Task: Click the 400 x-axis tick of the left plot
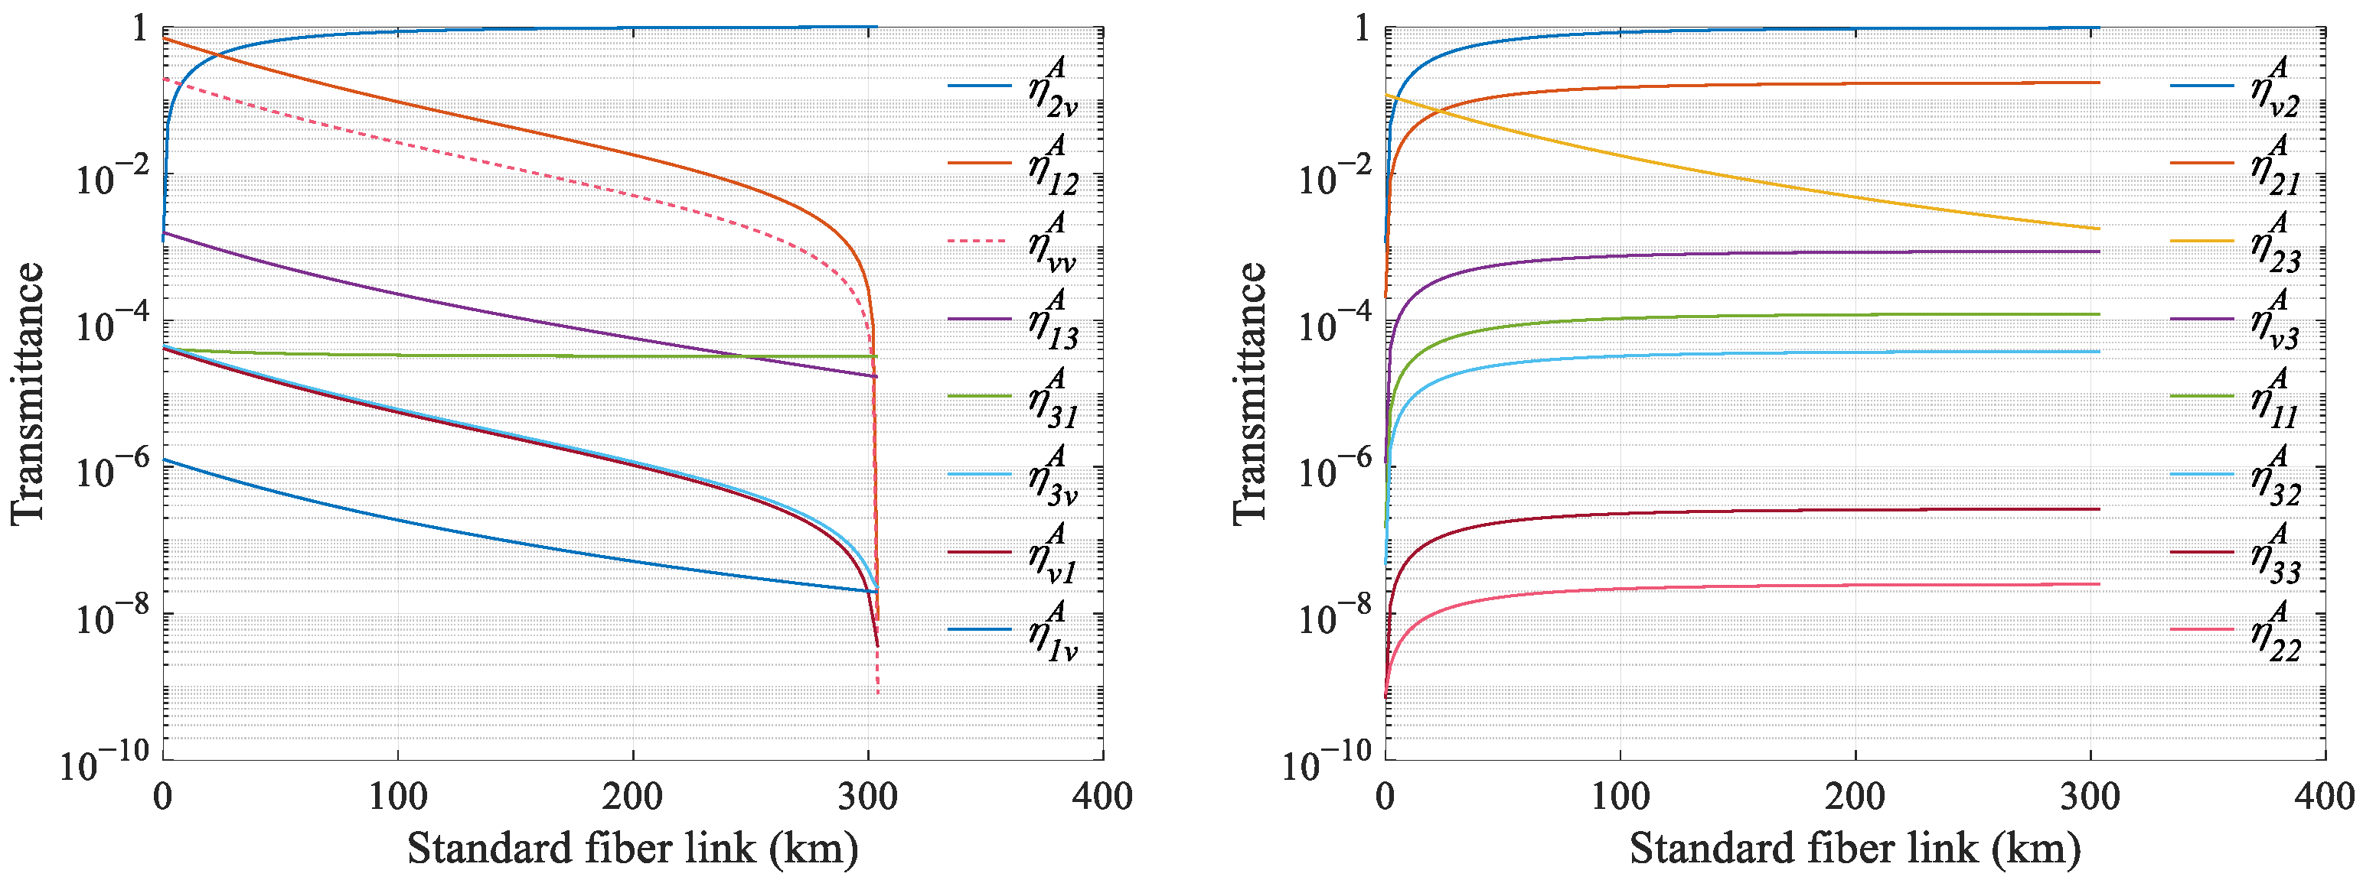click(1102, 797)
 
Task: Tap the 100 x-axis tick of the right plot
click(1620, 797)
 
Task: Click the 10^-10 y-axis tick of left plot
click(103, 761)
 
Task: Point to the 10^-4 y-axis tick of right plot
click(1327, 323)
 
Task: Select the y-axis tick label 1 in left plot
click(140, 29)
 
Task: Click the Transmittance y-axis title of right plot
click(1249, 395)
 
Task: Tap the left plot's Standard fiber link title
click(633, 848)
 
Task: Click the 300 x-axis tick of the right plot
click(2090, 797)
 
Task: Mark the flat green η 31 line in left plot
click(550, 355)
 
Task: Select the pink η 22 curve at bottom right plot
click(1743, 586)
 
